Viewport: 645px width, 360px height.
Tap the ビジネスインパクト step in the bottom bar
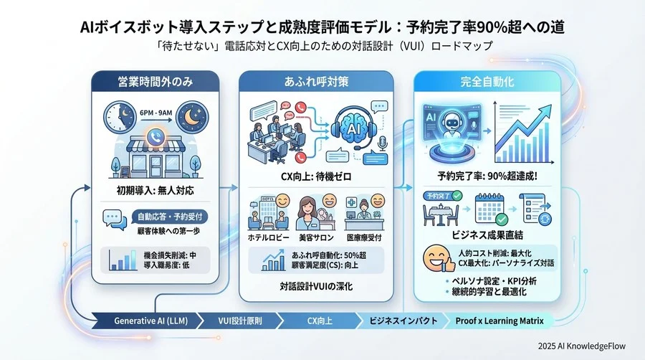[401, 321]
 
